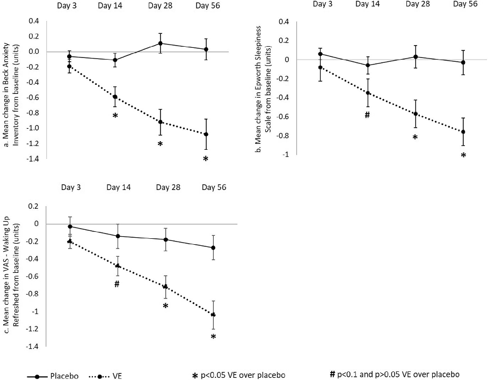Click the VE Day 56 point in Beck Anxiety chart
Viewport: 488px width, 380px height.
click(206, 134)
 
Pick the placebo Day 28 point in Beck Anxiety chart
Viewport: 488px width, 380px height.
click(160, 43)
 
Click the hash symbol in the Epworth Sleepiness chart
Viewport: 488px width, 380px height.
click(367, 115)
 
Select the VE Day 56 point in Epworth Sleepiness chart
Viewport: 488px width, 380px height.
click(463, 131)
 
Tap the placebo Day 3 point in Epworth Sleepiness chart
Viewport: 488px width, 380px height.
click(321, 54)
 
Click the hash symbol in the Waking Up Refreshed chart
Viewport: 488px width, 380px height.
click(116, 283)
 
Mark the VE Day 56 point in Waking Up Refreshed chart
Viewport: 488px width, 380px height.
click(213, 315)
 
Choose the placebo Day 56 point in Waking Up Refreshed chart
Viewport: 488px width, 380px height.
click(213, 247)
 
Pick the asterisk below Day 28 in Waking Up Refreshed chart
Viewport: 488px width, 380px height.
click(165, 306)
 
